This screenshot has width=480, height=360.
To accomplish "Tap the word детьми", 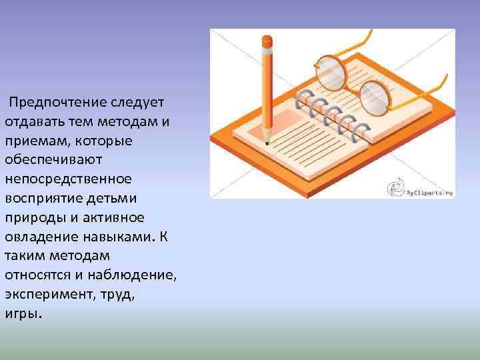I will coord(117,199).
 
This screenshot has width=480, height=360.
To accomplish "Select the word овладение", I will coord(39,237).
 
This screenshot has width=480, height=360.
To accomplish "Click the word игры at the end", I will coord(22,313).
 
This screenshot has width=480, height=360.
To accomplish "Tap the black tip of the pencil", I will coord(267,142).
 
